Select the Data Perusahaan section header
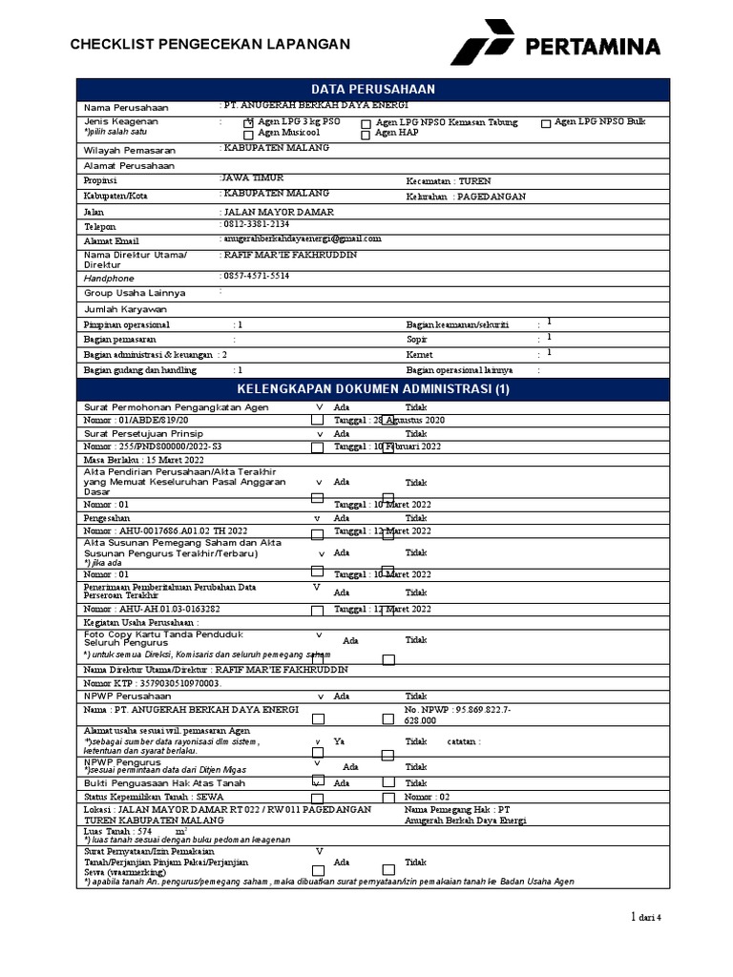tap(374, 89)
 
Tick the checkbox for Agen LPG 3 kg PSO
tap(249, 123)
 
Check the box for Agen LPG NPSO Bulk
tap(546, 123)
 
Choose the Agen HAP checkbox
tap(366, 135)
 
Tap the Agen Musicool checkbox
tap(249, 135)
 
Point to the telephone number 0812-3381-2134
tap(256, 224)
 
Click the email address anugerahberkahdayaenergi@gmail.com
tap(302, 239)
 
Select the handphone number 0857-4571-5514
tap(256, 276)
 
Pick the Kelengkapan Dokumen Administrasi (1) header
tap(374, 389)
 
